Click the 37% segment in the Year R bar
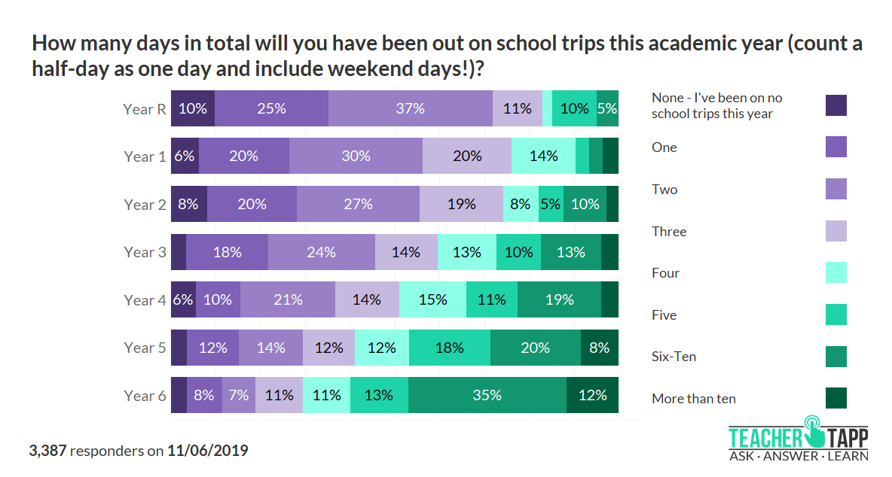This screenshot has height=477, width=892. click(x=411, y=108)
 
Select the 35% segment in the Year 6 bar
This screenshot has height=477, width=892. click(x=487, y=395)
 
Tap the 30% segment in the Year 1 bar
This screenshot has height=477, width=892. click(x=356, y=156)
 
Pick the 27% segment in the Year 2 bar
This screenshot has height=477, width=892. click(x=358, y=204)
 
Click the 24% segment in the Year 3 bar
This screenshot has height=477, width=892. click(x=322, y=252)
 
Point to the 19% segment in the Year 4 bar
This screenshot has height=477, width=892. click(x=559, y=299)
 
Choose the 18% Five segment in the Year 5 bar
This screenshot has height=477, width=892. click(x=450, y=348)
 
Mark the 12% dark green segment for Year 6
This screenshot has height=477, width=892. click(x=592, y=395)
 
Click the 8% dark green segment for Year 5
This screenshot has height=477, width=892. click(x=600, y=348)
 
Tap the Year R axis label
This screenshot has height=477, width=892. click(x=145, y=109)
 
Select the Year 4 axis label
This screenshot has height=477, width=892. click(x=145, y=300)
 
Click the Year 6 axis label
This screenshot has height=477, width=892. click(x=145, y=396)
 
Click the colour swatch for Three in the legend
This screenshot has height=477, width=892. click(x=836, y=231)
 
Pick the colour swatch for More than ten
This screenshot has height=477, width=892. click(x=836, y=398)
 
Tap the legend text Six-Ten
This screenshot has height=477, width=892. click(x=674, y=357)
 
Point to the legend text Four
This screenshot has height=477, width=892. click(x=665, y=273)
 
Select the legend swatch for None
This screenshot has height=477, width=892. click(x=836, y=105)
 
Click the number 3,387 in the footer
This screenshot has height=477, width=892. click(x=48, y=451)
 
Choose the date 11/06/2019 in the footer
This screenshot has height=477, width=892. click(x=207, y=451)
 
